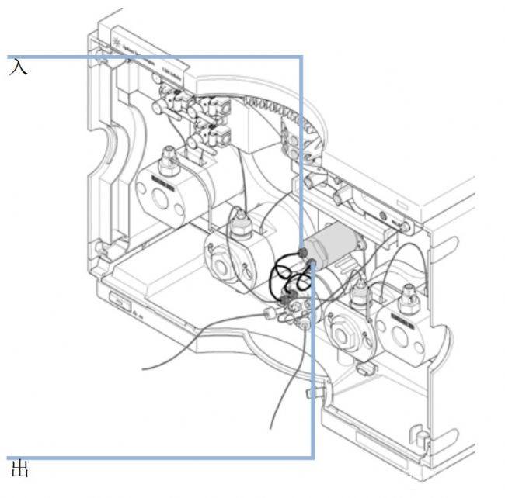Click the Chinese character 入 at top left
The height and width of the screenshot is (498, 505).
click(19, 67)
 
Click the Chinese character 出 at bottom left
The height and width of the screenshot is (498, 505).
click(19, 470)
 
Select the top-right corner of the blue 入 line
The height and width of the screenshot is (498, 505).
click(301, 57)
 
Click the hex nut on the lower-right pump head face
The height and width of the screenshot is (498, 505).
click(343, 334)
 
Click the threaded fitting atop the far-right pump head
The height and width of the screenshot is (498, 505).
click(407, 296)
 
